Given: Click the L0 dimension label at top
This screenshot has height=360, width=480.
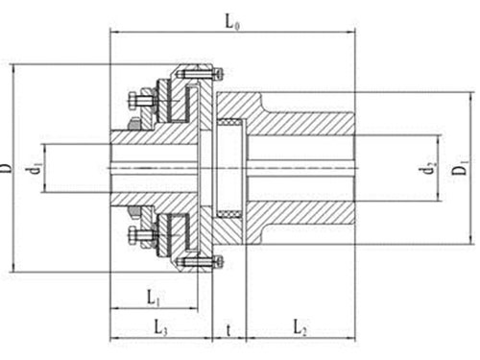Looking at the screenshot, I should pos(232,19).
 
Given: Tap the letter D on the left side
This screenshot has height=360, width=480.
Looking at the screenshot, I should pos(9,169).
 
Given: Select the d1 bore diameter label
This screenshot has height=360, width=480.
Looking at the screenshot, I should pos(36,168).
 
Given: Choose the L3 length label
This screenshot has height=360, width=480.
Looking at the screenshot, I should pos(160,328).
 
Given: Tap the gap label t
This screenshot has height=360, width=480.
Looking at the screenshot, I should pos(228,329).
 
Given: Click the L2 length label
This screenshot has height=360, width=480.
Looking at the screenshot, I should pos(299,329).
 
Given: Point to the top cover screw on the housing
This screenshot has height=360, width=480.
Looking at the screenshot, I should pos(219,73).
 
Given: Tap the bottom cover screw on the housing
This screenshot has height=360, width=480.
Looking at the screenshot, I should pos(219,260).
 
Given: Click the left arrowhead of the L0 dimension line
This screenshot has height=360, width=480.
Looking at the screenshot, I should pos(113,32).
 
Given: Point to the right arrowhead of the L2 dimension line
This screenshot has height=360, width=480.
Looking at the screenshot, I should pos(351,339).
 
